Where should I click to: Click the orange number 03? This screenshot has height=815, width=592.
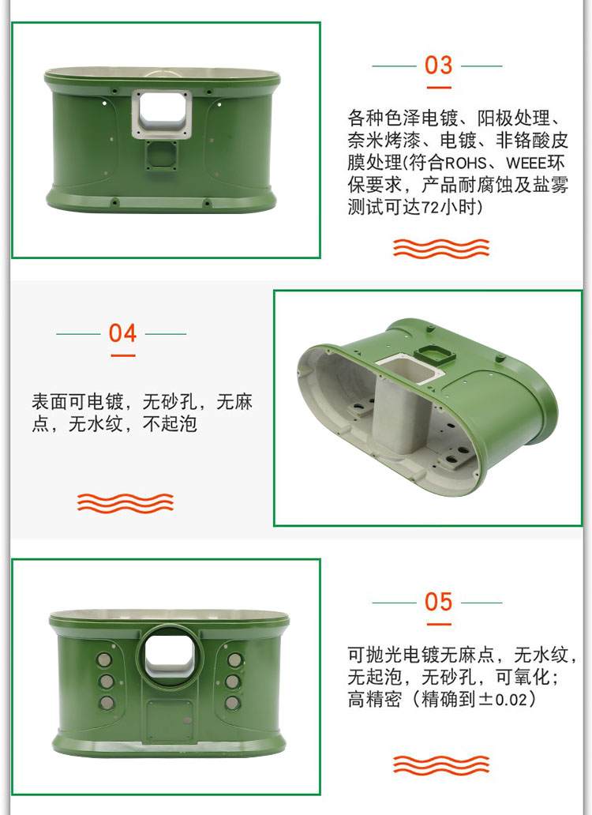tap(438, 66)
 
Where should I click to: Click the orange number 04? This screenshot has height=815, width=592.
tap(122, 333)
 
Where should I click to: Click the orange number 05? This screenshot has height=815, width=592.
tap(438, 602)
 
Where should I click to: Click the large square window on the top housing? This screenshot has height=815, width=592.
tap(162, 114)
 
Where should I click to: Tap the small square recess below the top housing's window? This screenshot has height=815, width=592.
tap(162, 156)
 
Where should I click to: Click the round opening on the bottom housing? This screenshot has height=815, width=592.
tap(169, 656)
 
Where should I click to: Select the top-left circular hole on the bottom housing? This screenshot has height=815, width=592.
tap(104, 660)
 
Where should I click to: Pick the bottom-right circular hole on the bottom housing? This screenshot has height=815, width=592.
tap(233, 703)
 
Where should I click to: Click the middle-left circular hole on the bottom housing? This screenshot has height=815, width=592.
tap(107, 682)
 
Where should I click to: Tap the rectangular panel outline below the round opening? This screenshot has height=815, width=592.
tap(170, 719)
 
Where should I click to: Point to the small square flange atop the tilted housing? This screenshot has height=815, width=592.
tap(435, 355)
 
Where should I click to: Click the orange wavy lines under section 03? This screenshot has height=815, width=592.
tap(441, 249)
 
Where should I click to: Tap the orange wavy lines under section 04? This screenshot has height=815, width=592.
tap(126, 503)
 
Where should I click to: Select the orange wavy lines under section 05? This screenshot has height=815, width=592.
tap(441, 765)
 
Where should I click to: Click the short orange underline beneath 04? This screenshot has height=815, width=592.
tap(123, 355)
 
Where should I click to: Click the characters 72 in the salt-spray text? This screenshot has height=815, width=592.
tap(429, 208)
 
